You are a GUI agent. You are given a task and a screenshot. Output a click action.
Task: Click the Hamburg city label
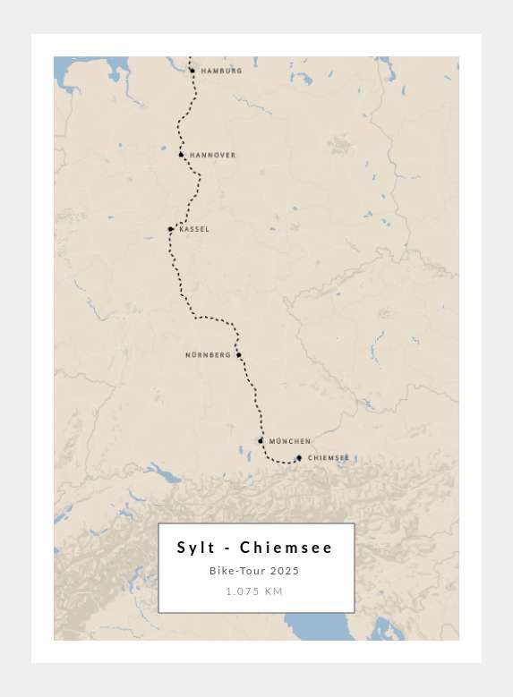coord(221,71)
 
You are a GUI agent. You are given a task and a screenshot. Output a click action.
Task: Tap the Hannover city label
coord(212,156)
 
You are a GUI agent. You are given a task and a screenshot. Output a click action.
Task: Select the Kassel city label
coord(194,229)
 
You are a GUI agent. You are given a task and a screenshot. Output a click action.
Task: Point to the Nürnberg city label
coord(208,355)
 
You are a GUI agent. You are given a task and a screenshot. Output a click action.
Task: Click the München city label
coord(290,441)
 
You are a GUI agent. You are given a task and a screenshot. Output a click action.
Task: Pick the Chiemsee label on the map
coord(329,458)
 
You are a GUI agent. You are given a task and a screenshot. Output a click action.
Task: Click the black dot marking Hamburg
coord(192,71)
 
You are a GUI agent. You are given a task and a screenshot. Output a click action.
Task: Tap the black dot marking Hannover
coord(181,155)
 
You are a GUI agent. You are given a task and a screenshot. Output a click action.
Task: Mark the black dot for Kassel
coord(170,229)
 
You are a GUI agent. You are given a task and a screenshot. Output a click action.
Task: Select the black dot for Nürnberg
coord(239,355)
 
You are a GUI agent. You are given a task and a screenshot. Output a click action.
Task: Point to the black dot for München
coord(261,440)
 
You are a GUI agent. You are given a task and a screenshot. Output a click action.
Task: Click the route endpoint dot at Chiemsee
coord(299,458)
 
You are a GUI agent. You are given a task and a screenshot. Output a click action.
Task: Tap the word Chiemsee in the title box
coord(286,548)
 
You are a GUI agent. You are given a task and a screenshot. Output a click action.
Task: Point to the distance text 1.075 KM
coord(254,591)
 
